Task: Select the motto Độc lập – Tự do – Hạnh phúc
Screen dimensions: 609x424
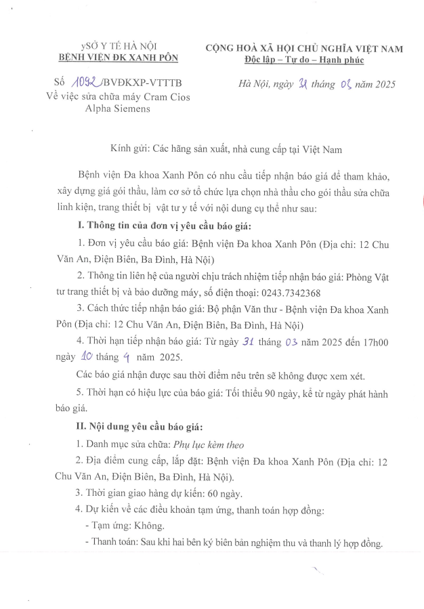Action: (x=304, y=60)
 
